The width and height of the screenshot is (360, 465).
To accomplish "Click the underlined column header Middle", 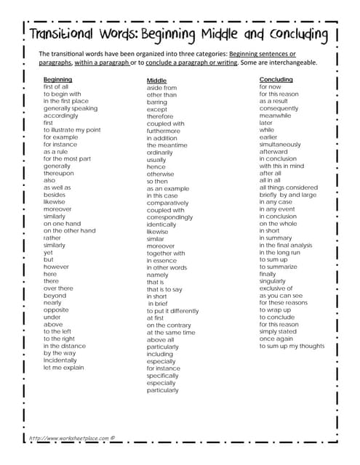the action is tap(156, 81).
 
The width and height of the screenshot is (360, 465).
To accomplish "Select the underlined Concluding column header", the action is tap(276, 79).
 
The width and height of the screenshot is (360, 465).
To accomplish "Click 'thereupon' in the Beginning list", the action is tap(58, 173).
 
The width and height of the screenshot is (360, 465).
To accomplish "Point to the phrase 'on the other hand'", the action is tap(69, 231).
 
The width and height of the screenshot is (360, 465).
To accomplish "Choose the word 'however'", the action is tap(55, 267).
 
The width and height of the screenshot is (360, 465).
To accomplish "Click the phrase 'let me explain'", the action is tap(64, 368).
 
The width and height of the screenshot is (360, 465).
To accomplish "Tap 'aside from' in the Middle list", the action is tap(161, 88).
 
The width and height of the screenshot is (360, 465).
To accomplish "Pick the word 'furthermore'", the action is tap(165, 131).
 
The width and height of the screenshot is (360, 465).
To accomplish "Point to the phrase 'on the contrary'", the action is tap(169, 325).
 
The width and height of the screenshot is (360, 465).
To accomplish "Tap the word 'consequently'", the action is tap(279, 108).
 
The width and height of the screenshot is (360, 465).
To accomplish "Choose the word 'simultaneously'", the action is tap(280, 145).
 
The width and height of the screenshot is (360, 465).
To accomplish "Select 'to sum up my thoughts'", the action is tap(292, 346).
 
